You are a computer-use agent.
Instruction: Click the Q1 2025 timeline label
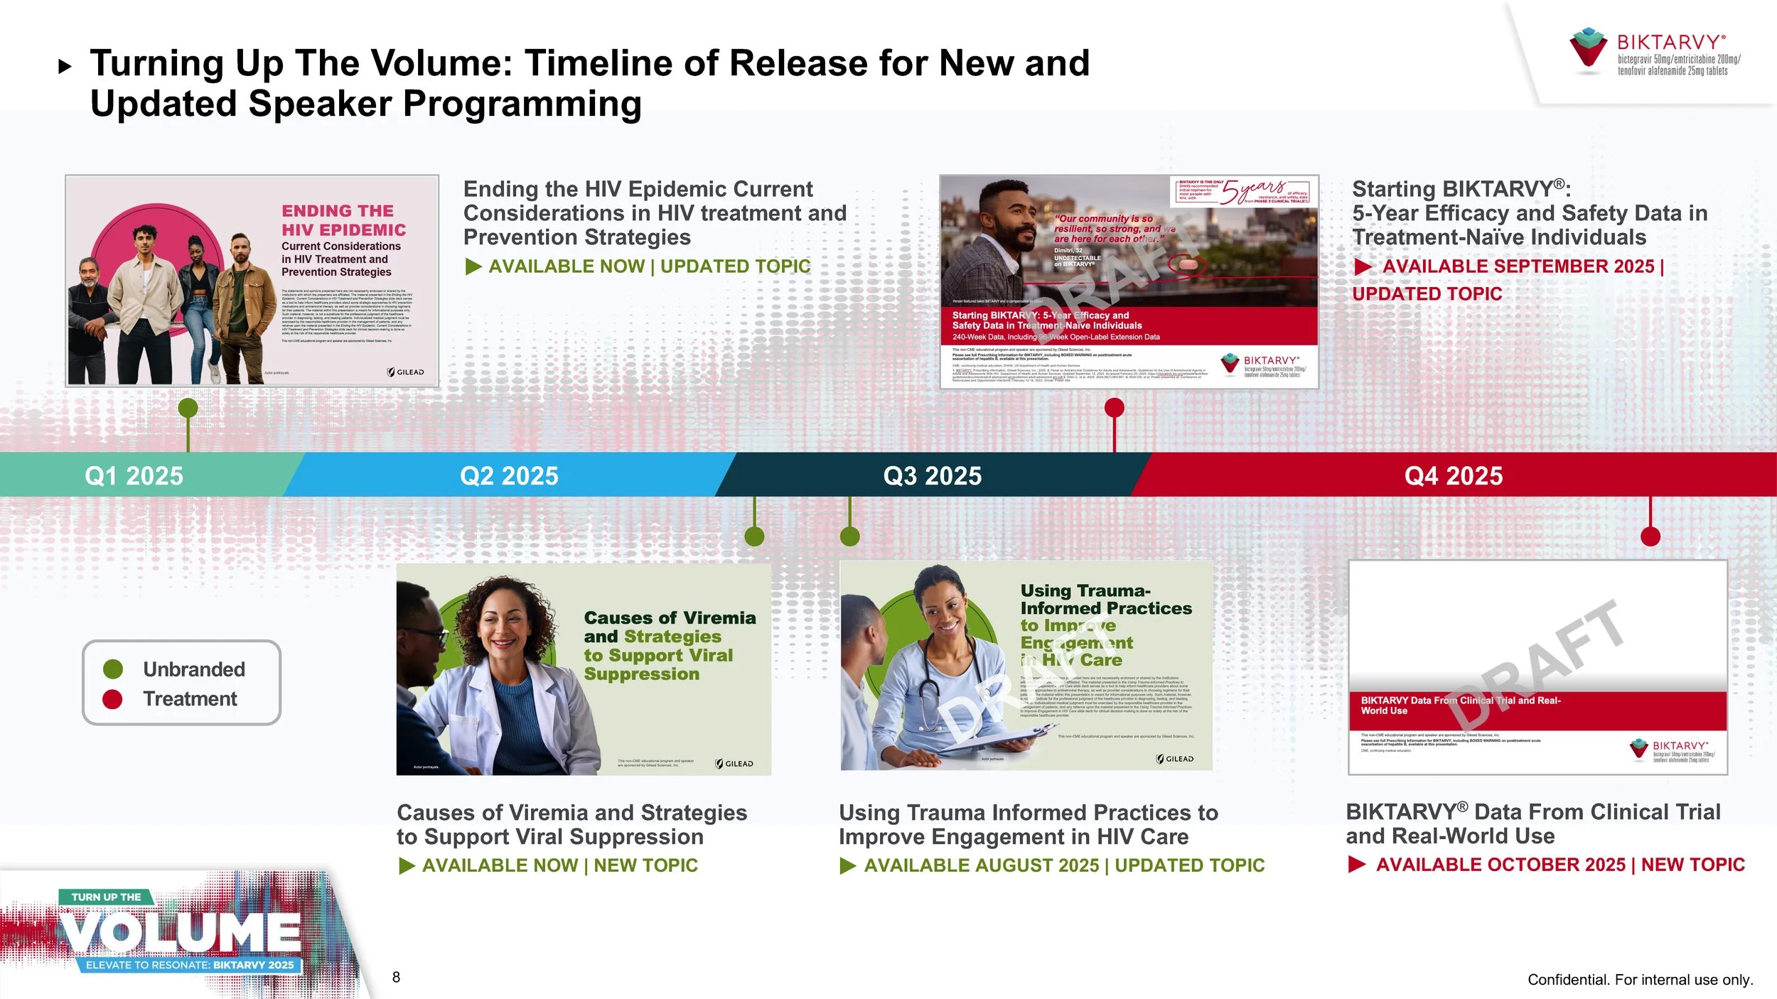point(134,475)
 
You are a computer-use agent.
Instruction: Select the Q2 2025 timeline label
point(509,475)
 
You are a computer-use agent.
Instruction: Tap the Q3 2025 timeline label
point(932,475)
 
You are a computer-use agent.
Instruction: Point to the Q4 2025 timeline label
point(1453,475)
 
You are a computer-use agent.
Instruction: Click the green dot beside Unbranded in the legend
point(113,669)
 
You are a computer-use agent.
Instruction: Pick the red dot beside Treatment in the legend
point(113,699)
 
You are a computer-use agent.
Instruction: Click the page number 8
point(396,977)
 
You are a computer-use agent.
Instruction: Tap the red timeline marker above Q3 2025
point(1114,408)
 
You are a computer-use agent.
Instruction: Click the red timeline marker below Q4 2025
point(1650,536)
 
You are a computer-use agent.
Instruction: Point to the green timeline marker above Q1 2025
point(188,408)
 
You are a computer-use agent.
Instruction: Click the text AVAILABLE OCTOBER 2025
point(1500,865)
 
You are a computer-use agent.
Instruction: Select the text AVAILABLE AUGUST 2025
point(981,865)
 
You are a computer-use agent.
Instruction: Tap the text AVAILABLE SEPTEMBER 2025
point(1518,266)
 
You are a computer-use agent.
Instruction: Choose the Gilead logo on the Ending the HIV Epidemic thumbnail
point(406,372)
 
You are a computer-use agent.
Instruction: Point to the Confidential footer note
point(1640,980)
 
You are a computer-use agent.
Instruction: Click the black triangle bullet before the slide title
point(65,67)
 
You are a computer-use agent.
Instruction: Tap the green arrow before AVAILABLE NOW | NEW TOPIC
point(407,865)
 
